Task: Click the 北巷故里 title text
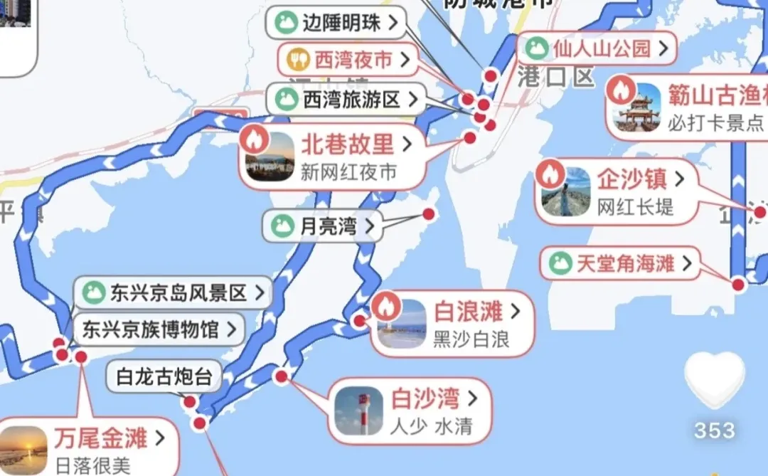(347, 145)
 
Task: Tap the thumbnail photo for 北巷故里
(270, 157)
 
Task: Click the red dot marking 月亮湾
(428, 213)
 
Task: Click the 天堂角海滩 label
(616, 264)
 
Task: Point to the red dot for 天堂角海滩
(738, 285)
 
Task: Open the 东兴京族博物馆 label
(159, 329)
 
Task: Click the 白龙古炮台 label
(164, 377)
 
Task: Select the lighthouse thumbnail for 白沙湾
(358, 411)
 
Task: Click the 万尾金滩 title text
(100, 437)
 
